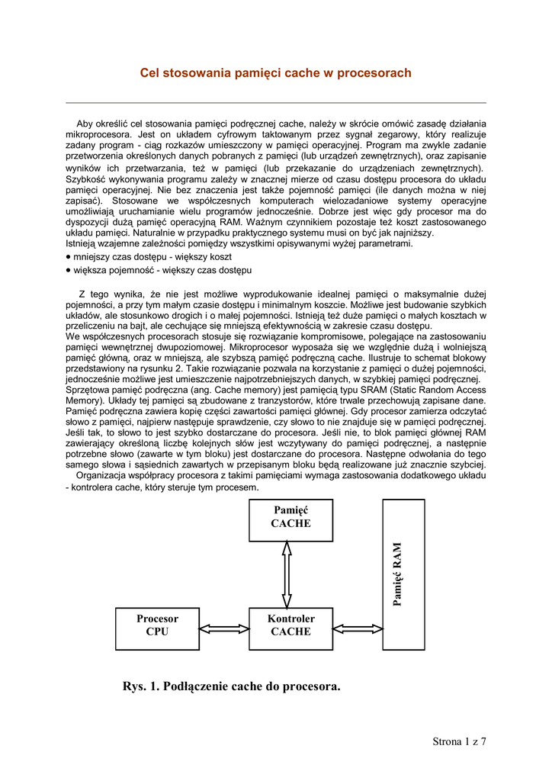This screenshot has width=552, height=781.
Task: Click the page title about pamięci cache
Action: pos(275,73)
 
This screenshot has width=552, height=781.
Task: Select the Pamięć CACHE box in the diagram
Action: pos(290,519)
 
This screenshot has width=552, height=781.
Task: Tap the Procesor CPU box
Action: pos(157,628)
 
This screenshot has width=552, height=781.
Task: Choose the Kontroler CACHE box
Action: pos(290,628)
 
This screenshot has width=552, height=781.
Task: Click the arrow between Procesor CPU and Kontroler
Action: pos(224,628)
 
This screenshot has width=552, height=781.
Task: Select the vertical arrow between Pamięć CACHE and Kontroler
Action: pos(287,574)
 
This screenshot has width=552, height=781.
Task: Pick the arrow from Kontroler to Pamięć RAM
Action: pos(357,628)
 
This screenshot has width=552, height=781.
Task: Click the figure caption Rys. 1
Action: pos(231,686)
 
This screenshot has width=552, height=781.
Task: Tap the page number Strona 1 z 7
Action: pos(459,741)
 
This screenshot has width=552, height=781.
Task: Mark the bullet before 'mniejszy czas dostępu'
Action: pos(69,257)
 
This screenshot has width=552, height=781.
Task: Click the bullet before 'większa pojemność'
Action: pos(69,270)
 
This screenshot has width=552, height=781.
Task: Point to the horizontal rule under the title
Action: pos(276,102)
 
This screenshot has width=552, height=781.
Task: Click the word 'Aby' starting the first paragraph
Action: pos(85,123)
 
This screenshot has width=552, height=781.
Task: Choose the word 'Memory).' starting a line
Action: pos(83,399)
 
